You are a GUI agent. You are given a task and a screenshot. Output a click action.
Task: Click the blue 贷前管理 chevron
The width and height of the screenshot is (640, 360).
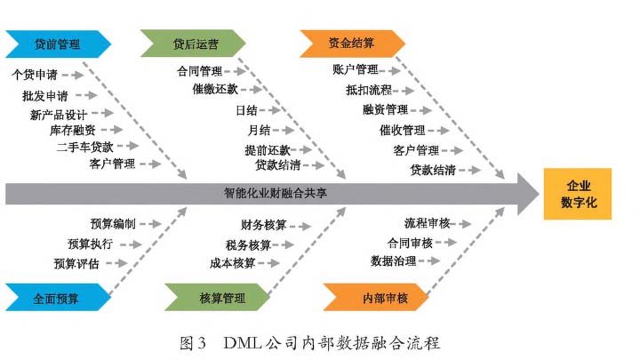[x=58, y=44]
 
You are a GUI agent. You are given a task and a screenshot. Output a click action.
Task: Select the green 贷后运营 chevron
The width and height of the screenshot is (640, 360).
[x=193, y=44]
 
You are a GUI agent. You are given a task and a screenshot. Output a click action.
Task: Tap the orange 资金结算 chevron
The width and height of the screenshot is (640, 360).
[x=352, y=44]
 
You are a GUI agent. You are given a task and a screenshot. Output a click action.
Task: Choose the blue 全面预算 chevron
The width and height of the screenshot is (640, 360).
[x=58, y=298]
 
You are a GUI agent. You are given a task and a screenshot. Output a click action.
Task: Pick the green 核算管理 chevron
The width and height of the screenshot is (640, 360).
[x=217, y=298]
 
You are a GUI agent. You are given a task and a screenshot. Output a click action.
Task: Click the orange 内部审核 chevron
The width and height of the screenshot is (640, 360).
[x=376, y=298]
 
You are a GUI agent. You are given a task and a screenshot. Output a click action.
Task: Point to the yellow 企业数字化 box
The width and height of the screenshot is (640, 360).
[x=578, y=194]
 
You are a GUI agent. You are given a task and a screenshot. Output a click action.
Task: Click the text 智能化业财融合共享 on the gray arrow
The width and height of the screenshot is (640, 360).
[x=275, y=193]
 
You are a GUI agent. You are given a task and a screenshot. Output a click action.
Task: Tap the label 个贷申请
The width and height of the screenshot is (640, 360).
[x=35, y=75]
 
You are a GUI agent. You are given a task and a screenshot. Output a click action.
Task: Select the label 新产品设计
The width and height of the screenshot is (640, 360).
[x=59, y=115]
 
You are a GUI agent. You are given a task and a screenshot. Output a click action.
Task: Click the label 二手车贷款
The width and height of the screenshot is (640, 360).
[x=85, y=147]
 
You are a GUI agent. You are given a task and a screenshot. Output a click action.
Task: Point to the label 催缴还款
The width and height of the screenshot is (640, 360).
[x=215, y=89]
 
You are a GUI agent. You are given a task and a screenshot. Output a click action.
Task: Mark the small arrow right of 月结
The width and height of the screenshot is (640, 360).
[x=284, y=130]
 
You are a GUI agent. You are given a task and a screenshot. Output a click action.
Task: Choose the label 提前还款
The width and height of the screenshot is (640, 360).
[x=268, y=150]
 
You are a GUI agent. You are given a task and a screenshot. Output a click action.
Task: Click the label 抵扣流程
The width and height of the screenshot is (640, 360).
[x=369, y=90]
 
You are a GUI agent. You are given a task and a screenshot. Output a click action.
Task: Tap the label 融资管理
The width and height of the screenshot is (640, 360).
[x=385, y=109]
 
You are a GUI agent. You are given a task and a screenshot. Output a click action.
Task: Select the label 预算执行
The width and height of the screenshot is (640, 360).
[x=90, y=244]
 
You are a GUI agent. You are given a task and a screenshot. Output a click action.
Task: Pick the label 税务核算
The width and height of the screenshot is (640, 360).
[x=248, y=245]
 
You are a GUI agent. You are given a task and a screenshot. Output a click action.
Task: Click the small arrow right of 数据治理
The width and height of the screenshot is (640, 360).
[x=429, y=260]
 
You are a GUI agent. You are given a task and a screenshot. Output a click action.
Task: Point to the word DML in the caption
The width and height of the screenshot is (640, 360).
[x=243, y=342]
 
